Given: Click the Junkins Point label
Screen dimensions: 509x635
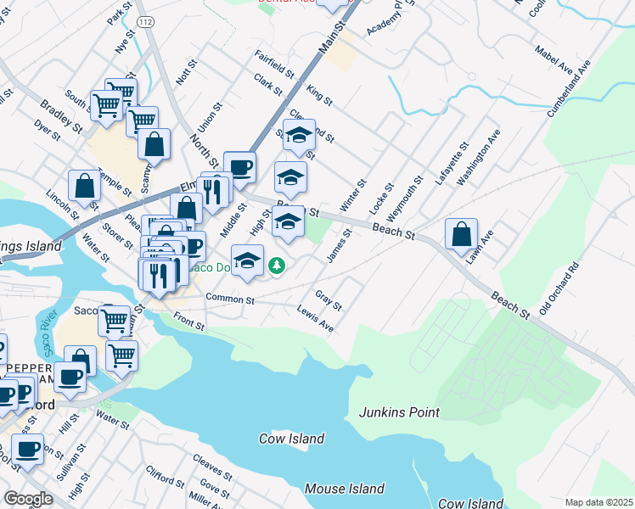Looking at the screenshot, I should pyautogui.click(x=399, y=412).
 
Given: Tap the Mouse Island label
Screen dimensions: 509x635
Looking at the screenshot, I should pyautogui.click(x=344, y=489).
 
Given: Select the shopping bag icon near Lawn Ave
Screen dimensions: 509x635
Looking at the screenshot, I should pyautogui.click(x=461, y=235).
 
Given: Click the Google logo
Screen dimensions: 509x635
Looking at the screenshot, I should pyautogui.click(x=28, y=499).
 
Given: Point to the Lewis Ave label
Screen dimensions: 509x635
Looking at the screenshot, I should pyautogui.click(x=315, y=319).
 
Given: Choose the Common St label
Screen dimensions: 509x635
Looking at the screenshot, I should pyautogui.click(x=229, y=299).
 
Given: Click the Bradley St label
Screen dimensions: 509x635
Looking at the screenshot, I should pyautogui.click(x=61, y=117).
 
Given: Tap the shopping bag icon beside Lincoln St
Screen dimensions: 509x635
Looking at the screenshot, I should pyautogui.click(x=86, y=187).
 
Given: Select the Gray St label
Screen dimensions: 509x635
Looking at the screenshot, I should pyautogui.click(x=328, y=299).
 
